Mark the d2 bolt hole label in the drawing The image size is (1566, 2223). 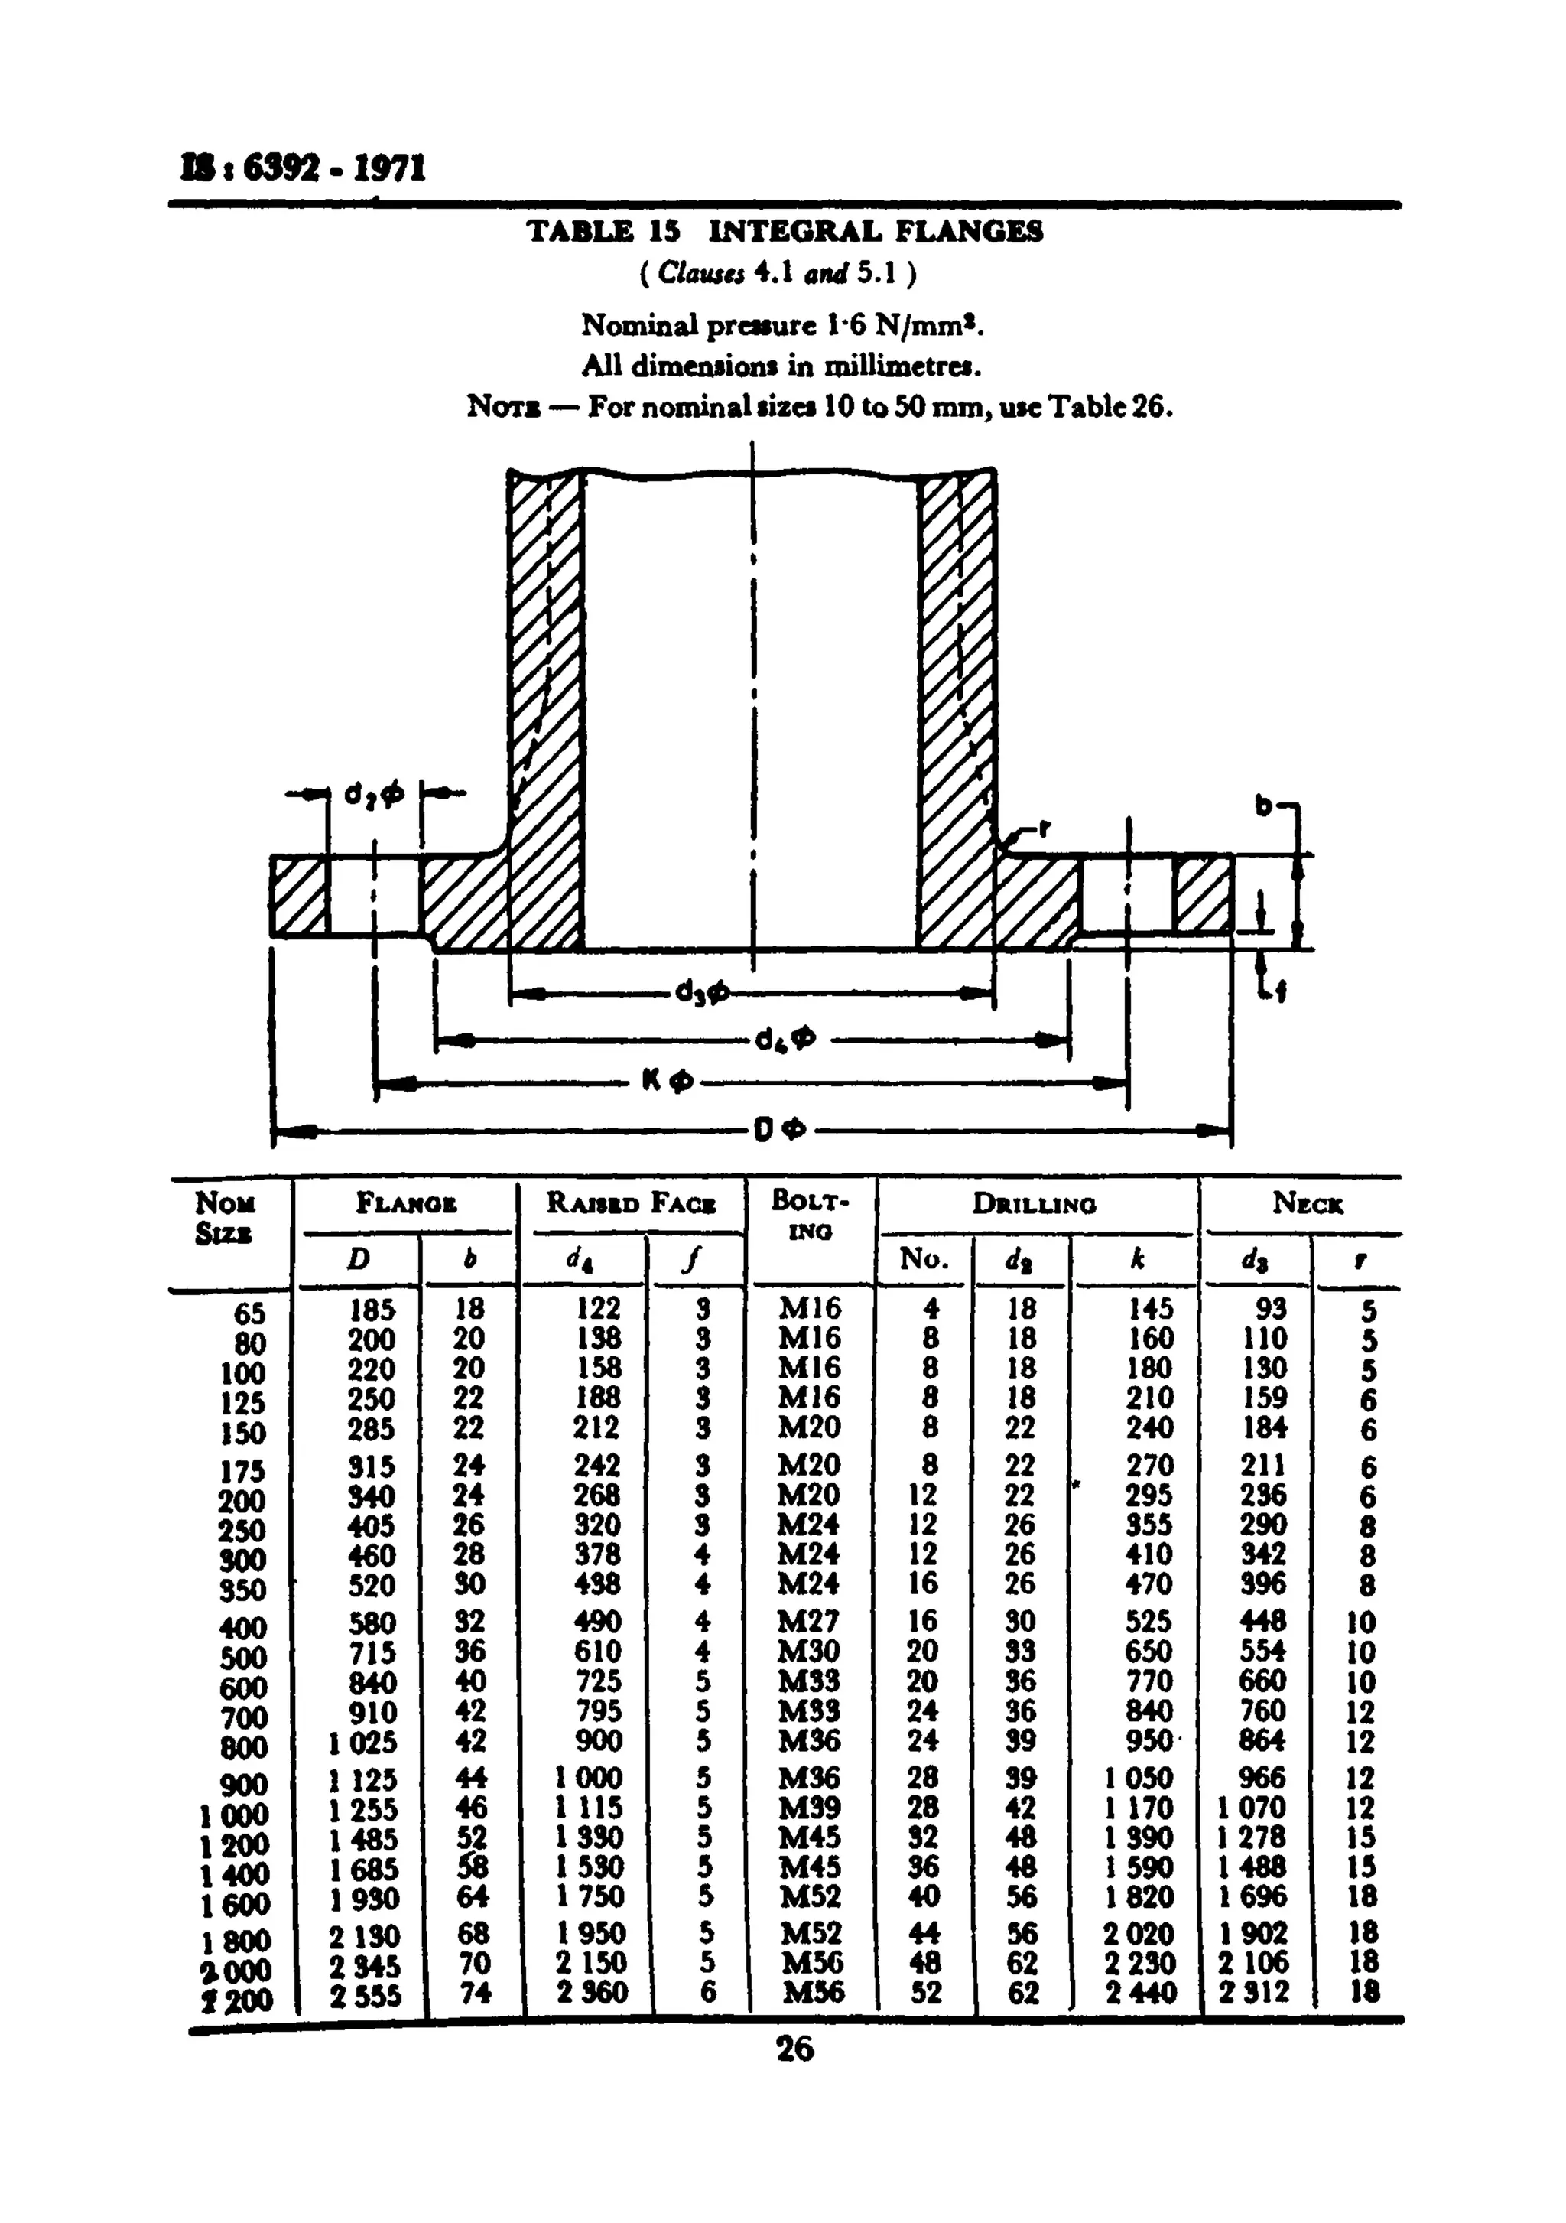[374, 795]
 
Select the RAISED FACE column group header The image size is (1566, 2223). [631, 1203]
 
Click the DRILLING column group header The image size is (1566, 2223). [1034, 1205]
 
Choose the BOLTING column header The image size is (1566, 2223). [809, 1214]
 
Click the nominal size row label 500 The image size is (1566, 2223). [243, 1658]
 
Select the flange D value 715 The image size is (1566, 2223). [372, 1652]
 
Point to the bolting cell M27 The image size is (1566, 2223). [810, 1622]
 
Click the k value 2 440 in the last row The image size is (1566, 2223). [1140, 1993]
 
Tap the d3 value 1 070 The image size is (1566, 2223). [1252, 1808]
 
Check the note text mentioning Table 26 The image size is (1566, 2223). [820, 407]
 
